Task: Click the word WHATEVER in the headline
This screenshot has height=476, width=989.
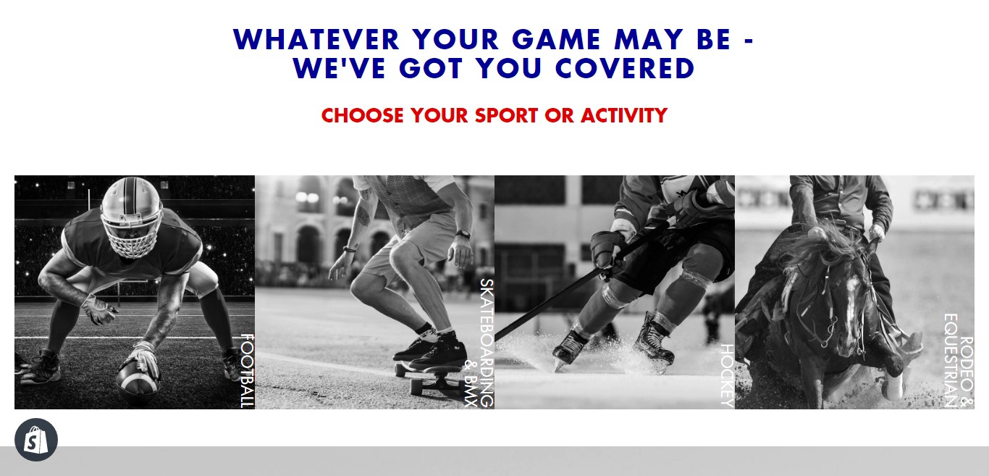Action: pyautogui.click(x=316, y=40)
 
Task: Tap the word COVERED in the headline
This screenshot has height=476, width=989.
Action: pyautogui.click(x=625, y=69)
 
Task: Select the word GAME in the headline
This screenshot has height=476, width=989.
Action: pyautogui.click(x=556, y=40)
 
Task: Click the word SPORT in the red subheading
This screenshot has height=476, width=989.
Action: pyautogui.click(x=506, y=116)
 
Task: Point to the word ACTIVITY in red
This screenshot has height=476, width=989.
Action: pyautogui.click(x=624, y=116)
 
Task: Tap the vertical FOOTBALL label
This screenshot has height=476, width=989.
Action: pyautogui.click(x=248, y=370)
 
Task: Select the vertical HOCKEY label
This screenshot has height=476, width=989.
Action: pyautogui.click(x=727, y=376)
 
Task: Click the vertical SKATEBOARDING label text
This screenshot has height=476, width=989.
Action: pyautogui.click(x=487, y=343)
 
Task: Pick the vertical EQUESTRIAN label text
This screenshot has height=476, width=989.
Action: pyautogui.click(x=951, y=360)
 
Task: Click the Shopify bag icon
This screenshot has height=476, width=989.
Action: pyautogui.click(x=36, y=440)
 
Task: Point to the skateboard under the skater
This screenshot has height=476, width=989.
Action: pyautogui.click(x=431, y=377)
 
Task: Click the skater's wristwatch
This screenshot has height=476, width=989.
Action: pyautogui.click(x=463, y=235)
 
